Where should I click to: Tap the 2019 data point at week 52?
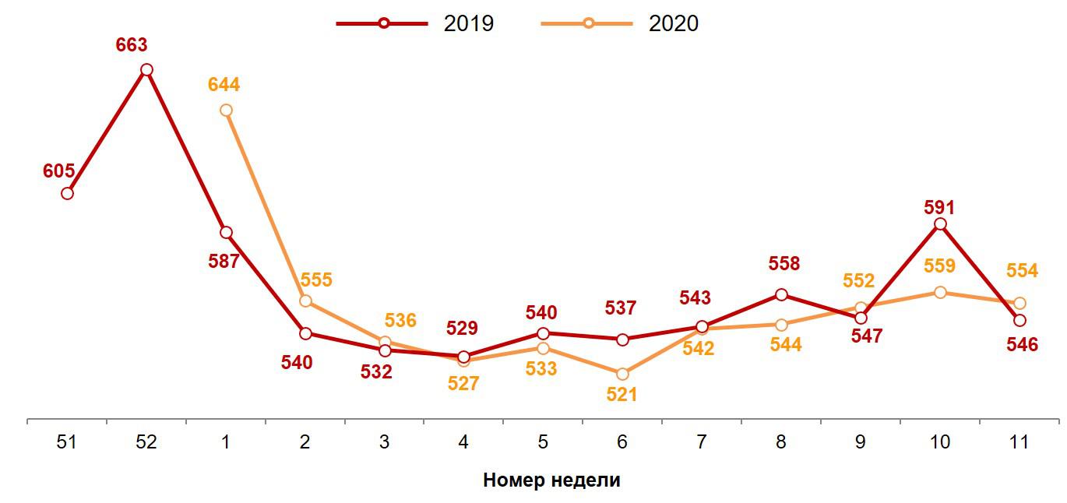[146, 70]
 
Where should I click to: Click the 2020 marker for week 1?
[226, 111]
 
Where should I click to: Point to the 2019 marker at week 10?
[940, 224]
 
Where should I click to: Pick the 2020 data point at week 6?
[622, 375]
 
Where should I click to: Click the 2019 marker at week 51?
[67, 193]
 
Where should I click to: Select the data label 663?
[131, 45]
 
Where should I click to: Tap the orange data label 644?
[224, 85]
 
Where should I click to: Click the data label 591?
[938, 207]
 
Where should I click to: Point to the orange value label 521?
[622, 395]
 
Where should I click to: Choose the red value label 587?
[224, 261]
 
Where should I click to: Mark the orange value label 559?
[939, 266]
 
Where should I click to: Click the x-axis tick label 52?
[146, 442]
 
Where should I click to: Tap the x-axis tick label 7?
[702, 442]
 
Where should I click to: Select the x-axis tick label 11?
[1019, 442]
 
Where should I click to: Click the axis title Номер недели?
[551, 480]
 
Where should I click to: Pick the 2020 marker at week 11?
[1019, 303]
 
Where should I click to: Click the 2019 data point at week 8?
[781, 294]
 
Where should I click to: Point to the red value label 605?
[58, 171]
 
